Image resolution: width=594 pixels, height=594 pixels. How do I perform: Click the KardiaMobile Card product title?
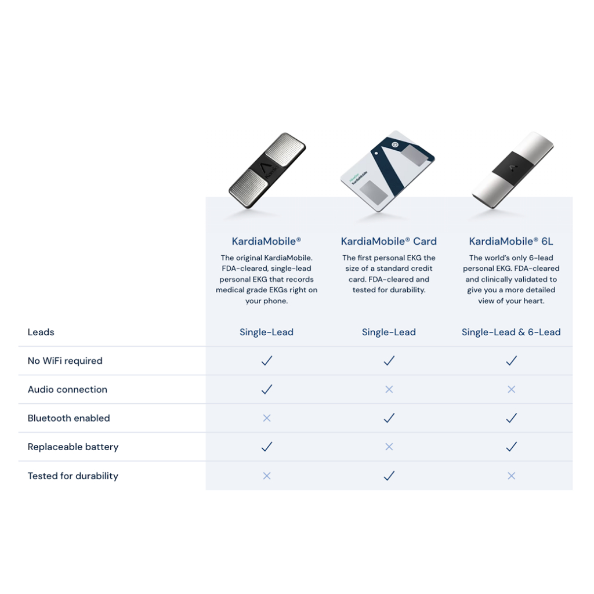(x=389, y=241)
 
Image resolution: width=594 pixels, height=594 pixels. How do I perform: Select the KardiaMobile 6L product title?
(x=511, y=241)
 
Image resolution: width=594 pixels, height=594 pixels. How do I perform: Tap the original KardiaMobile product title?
(x=266, y=241)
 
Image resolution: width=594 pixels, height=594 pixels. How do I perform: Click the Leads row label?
(x=41, y=332)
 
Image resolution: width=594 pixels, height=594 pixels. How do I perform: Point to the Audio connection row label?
(x=67, y=389)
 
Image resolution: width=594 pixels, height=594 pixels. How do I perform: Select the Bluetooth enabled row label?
(x=68, y=418)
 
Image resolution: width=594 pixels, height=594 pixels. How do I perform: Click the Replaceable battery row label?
(x=73, y=447)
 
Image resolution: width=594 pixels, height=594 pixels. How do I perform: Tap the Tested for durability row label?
(x=73, y=476)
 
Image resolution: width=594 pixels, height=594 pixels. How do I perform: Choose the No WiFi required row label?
(x=65, y=361)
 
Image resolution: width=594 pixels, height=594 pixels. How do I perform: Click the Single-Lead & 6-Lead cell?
(x=511, y=332)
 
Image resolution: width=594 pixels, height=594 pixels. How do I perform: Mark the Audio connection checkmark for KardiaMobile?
(x=267, y=389)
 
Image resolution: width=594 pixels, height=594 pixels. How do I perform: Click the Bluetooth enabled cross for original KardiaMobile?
(x=267, y=418)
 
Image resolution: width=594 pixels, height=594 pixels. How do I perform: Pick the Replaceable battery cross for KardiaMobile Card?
(x=389, y=447)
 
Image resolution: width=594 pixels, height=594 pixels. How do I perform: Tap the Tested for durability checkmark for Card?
(x=389, y=476)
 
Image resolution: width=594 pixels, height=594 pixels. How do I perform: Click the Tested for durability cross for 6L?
(x=512, y=476)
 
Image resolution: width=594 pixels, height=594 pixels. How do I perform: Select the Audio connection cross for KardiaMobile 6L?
(x=512, y=389)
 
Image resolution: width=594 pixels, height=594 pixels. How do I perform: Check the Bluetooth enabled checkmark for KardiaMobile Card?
(x=389, y=418)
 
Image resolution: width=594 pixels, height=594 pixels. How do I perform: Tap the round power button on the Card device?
(x=394, y=144)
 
